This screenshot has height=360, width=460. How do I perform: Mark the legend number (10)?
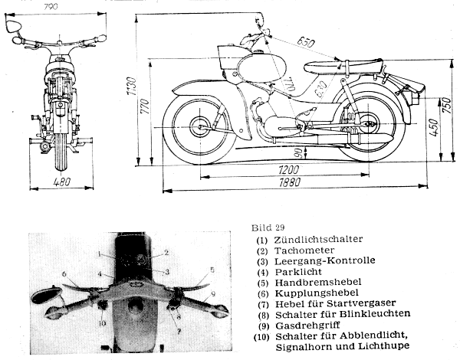pyautogui.click(x=262, y=335)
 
